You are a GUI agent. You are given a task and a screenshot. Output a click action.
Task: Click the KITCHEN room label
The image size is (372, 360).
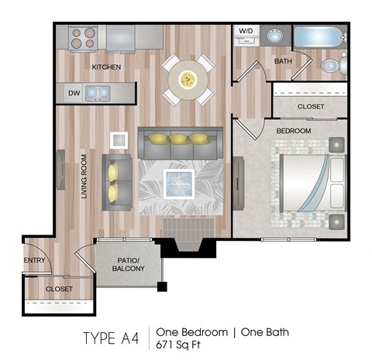106,67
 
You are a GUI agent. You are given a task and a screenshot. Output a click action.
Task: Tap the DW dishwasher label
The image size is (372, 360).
74,93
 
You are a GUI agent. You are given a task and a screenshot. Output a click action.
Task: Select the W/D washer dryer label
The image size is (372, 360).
246,32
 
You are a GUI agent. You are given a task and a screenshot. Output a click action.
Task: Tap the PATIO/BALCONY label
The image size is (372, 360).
128,263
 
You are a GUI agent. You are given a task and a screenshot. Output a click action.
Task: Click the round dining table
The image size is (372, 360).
188,78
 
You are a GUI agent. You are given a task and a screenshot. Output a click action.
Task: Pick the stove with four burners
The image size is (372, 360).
82,38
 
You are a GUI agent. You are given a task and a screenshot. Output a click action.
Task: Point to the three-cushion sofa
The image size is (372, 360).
180,142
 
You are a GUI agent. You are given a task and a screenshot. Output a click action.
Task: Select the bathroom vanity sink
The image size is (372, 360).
274,36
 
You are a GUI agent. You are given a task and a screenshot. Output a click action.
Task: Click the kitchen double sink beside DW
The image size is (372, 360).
98,93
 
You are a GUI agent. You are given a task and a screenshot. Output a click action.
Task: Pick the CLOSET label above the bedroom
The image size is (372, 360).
310,106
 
